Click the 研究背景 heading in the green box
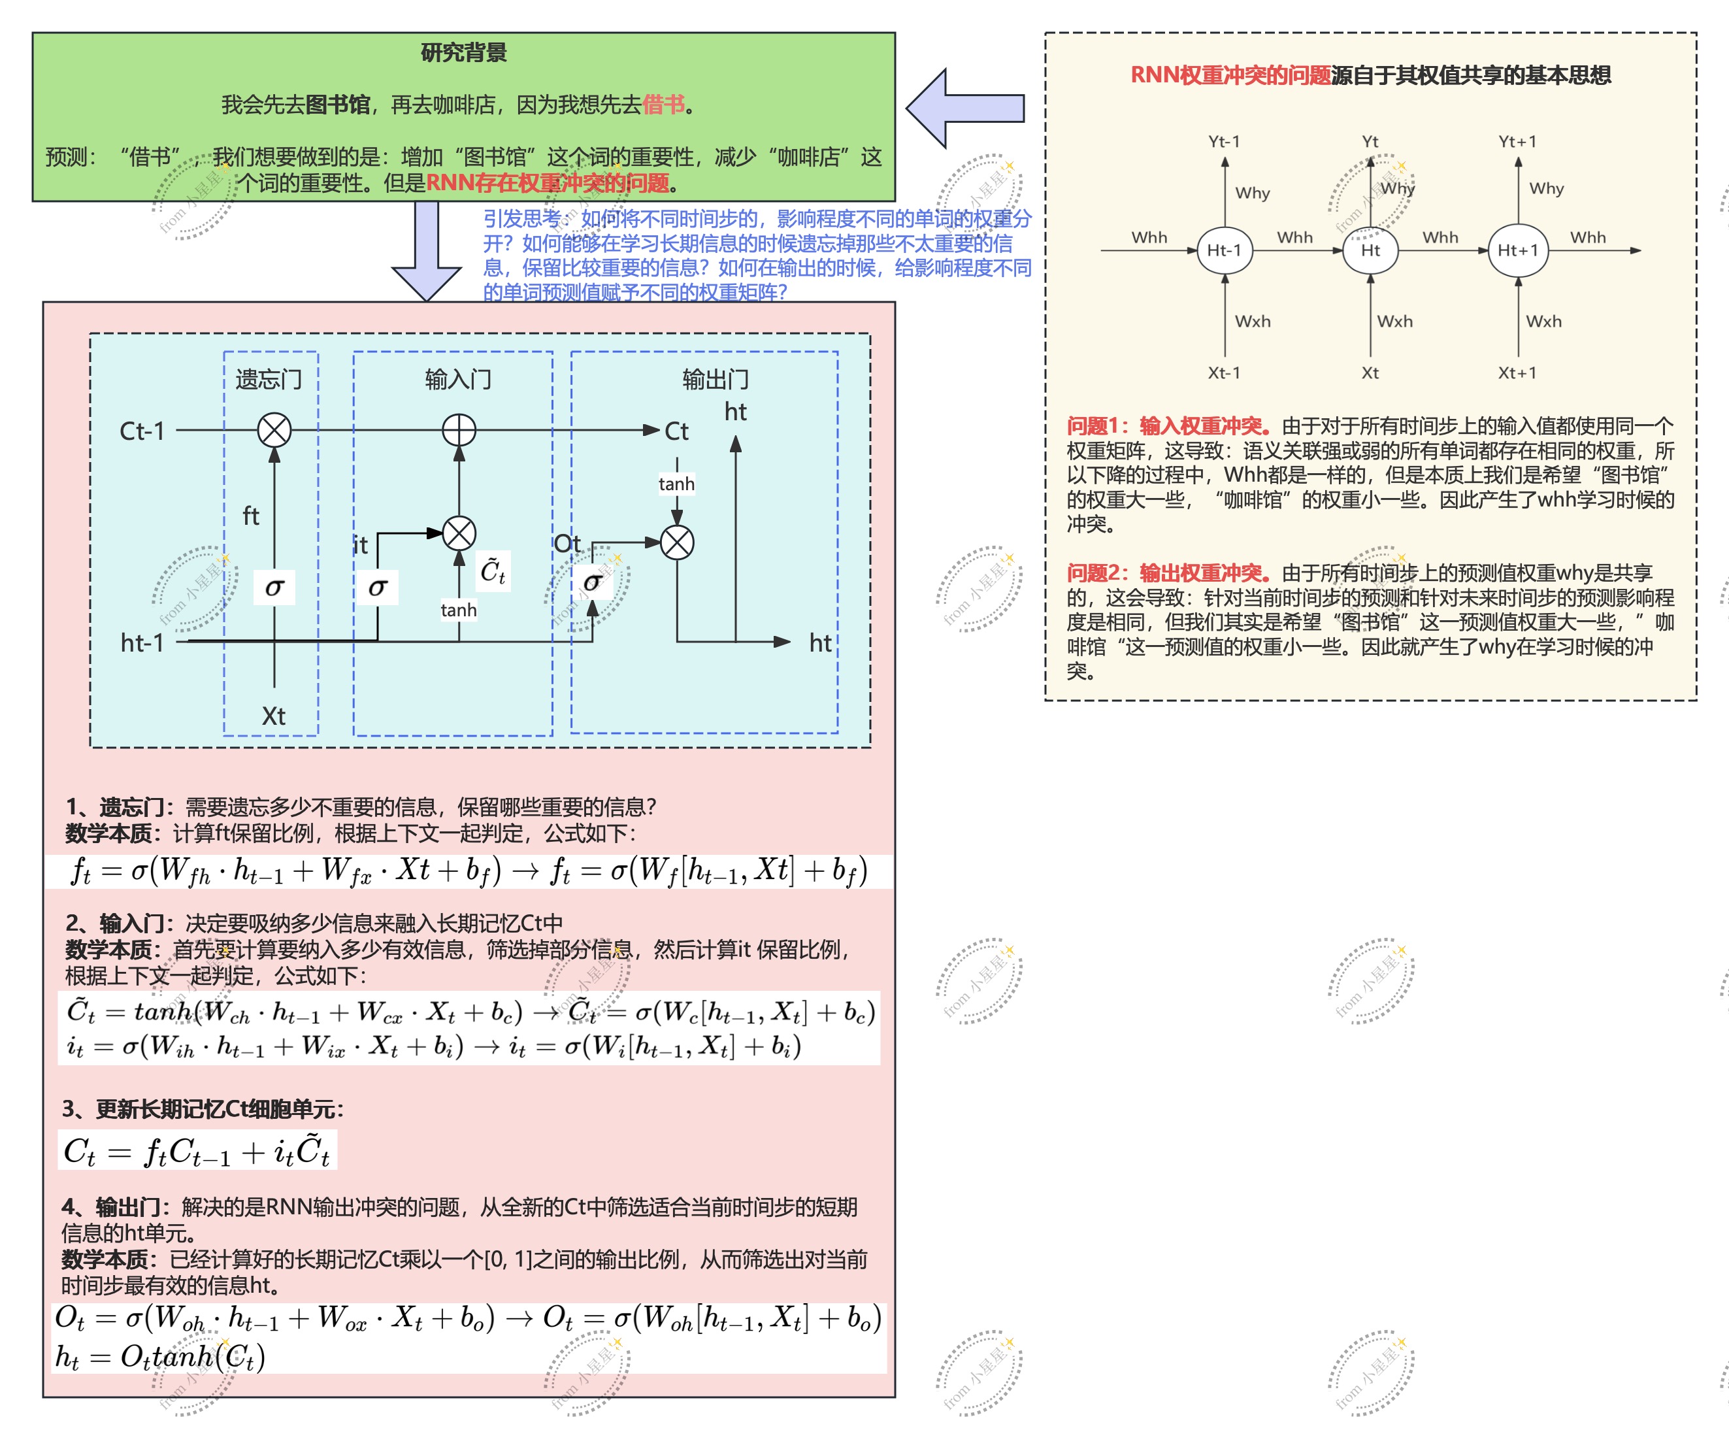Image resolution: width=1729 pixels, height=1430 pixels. (463, 53)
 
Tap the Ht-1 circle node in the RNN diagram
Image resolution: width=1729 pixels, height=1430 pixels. (1225, 250)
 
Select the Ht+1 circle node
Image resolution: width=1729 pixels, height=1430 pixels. (1517, 250)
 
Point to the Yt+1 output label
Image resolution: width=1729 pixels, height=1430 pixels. (1517, 142)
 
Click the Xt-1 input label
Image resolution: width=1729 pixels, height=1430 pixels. (1225, 373)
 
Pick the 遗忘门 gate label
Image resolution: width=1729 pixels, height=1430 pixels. (269, 380)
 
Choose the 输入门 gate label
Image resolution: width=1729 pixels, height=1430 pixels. (459, 380)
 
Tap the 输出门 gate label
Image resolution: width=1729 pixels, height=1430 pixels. (716, 380)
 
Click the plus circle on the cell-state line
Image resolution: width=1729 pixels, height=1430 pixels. (459, 430)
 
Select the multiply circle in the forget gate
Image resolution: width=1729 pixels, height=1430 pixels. (274, 430)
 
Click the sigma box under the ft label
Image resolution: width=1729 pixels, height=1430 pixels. (274, 587)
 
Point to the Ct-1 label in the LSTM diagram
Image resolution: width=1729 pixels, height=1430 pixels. (142, 431)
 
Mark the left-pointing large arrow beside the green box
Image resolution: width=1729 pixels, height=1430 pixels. (965, 108)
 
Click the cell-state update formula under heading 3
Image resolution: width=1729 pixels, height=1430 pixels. (197, 1150)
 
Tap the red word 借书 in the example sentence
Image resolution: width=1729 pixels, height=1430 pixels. (663, 105)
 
